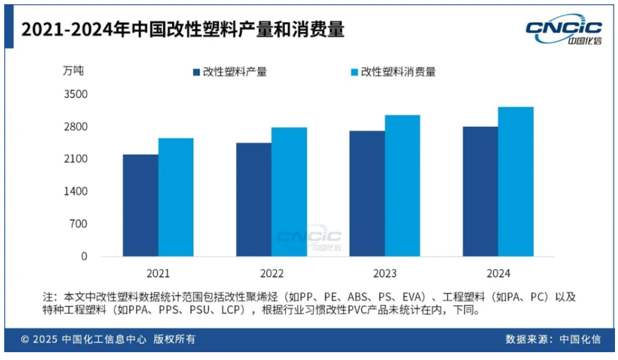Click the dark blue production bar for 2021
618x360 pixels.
[141, 205]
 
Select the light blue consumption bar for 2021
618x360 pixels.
[176, 197]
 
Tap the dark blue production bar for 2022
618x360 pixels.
[254, 199]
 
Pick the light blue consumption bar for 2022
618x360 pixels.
[289, 192]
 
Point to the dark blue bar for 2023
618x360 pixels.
[367, 193]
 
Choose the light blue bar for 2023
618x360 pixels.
[403, 185]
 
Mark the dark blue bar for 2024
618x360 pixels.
[480, 191]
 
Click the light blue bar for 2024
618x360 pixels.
[516, 182]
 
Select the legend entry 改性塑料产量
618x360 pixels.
[229, 72]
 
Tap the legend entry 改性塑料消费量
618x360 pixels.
[392, 72]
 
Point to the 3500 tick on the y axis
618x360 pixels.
[76, 95]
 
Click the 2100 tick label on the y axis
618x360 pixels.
[76, 159]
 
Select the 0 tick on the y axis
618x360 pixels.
[84, 256]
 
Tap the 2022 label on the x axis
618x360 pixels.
[272, 273]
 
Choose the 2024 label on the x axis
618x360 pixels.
[498, 273]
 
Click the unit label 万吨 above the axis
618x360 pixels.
[73, 70]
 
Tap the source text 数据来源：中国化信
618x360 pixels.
[553, 339]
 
